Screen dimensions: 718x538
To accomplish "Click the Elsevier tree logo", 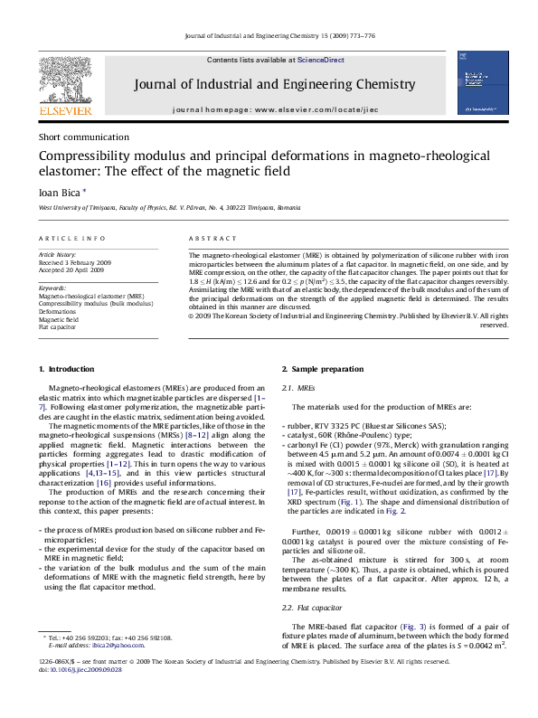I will point(65,82).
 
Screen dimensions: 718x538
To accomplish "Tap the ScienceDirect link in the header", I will point(321,60).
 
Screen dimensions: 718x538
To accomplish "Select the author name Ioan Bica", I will point(60,192).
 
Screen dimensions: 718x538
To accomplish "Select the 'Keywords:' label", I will point(52,288).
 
